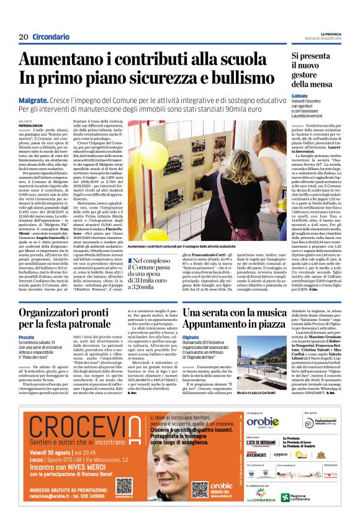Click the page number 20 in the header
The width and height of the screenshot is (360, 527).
click(24, 37)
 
